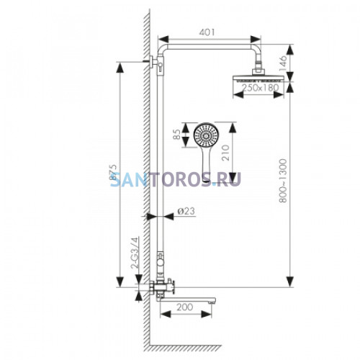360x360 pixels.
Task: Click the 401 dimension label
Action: point(207,32)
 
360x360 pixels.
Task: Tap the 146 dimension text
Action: point(283,62)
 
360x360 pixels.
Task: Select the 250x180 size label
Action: point(260,88)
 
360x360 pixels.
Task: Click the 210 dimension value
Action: point(226,153)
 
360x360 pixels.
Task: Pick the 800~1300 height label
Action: point(283,181)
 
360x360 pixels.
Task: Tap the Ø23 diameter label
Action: point(186,211)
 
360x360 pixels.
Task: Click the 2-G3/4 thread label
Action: point(135,253)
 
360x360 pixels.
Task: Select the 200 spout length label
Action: point(185,307)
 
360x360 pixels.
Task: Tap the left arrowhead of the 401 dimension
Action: point(163,40)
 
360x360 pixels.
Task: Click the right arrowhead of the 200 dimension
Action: point(206,314)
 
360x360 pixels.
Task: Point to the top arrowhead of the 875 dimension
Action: point(120,68)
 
